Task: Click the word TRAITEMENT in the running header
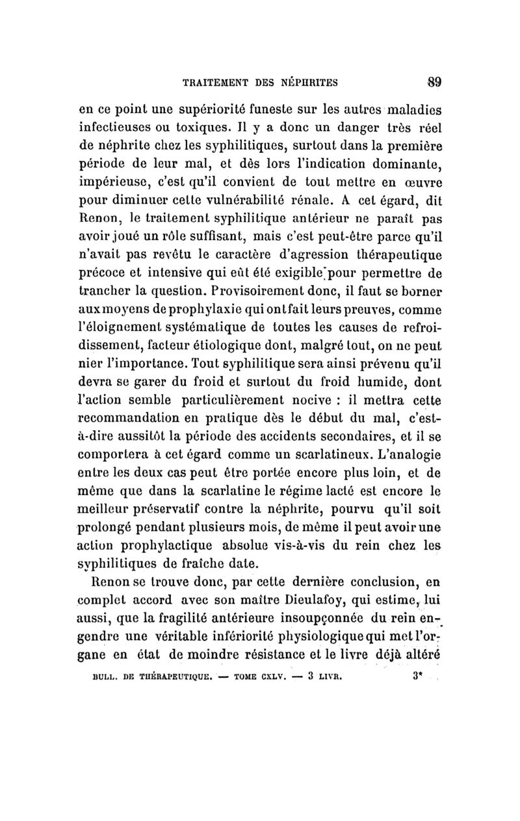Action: point(217,83)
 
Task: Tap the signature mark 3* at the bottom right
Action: point(417,657)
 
